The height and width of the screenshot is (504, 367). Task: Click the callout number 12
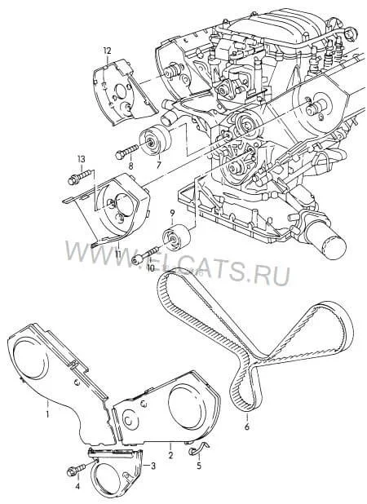coord(107,51)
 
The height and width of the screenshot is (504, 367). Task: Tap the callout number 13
coord(82,159)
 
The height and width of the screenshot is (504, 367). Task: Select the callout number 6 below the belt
coord(247,427)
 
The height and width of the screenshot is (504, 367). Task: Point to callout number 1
coord(47,414)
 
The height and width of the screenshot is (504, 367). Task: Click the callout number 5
coord(199,465)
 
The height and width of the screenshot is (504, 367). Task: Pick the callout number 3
coord(153,466)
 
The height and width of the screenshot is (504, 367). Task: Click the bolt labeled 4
coord(77,469)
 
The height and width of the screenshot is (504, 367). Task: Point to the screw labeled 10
coord(147,254)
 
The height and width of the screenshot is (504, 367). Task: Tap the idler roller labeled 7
coord(155,141)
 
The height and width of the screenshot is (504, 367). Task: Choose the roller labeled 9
coord(176,237)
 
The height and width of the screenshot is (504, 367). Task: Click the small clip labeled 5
coord(197,449)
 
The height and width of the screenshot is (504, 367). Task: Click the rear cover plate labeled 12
coord(122,91)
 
